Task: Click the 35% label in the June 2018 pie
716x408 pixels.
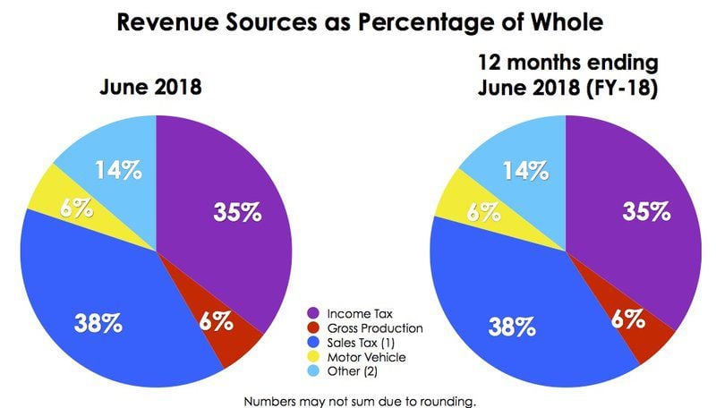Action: [x=237, y=212]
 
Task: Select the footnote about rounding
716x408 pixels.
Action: [x=358, y=400]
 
